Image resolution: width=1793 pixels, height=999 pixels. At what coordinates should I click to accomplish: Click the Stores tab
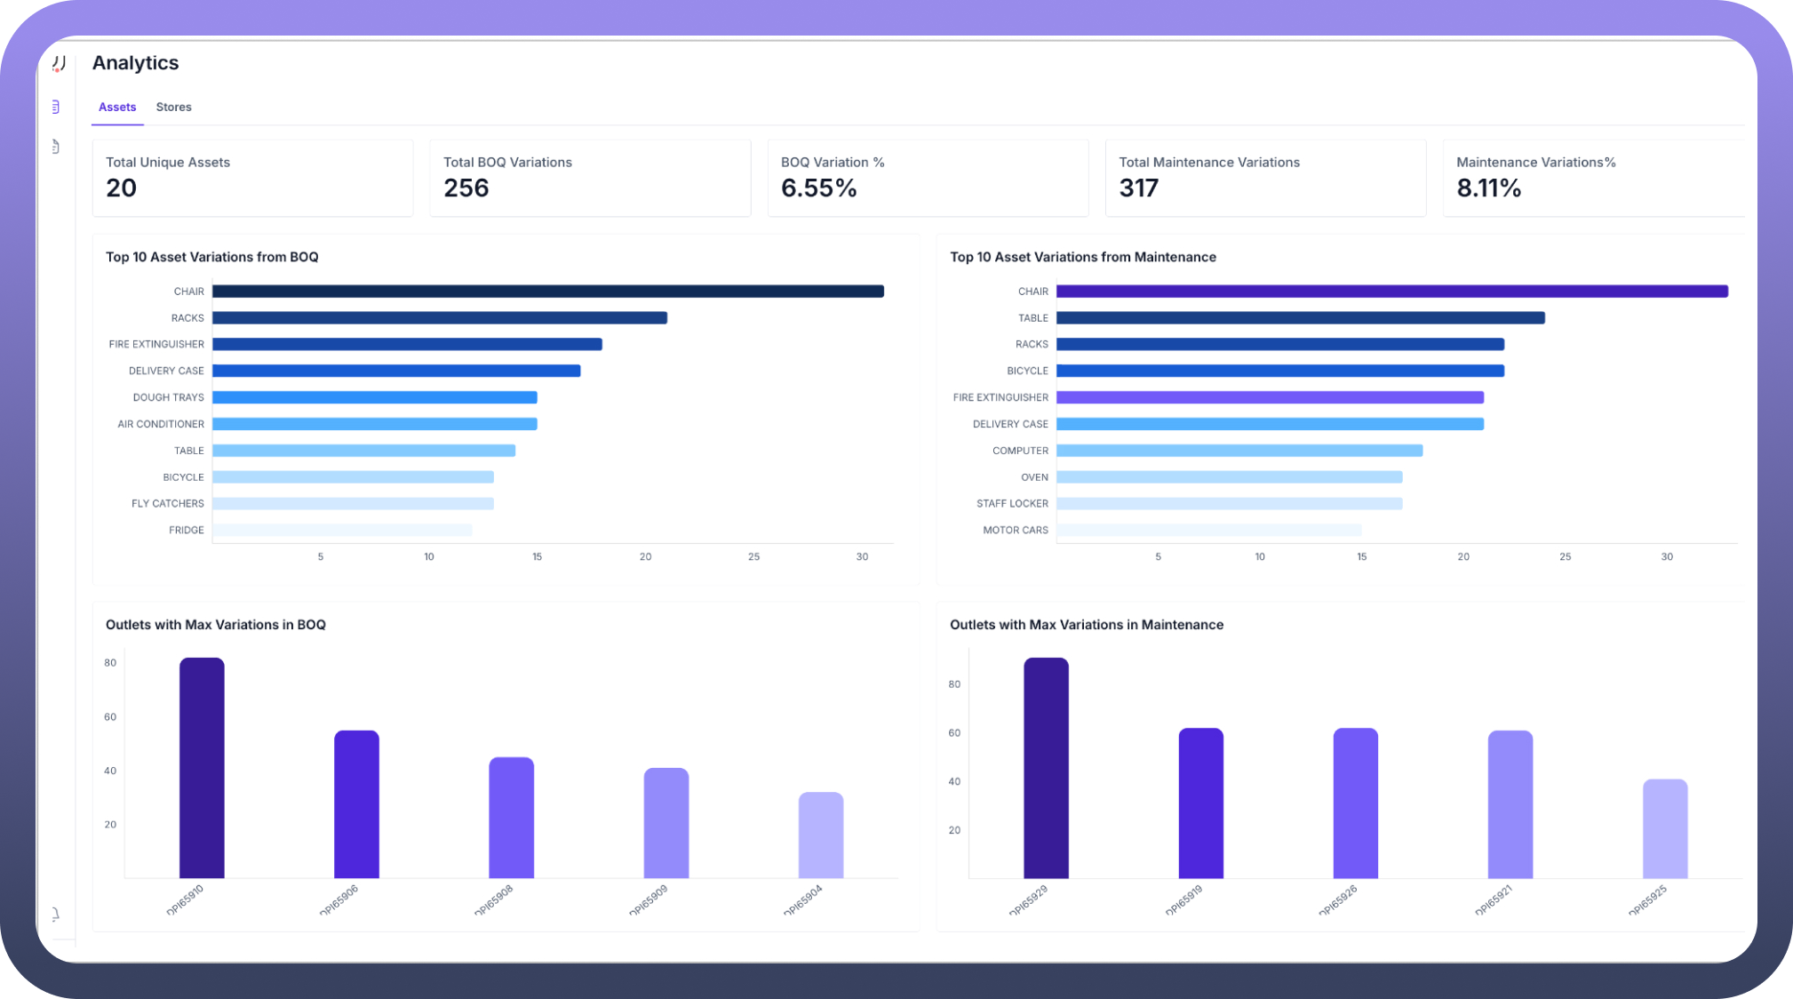(173, 107)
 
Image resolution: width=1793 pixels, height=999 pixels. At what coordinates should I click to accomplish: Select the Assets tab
(117, 107)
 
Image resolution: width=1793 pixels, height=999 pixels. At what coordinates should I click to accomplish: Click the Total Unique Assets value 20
(122, 188)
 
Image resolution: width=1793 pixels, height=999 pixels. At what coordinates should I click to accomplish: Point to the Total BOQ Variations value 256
(466, 188)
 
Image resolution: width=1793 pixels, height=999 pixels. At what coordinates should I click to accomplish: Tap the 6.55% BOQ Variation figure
(818, 188)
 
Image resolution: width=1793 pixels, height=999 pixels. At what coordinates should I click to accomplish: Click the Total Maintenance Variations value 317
(1138, 188)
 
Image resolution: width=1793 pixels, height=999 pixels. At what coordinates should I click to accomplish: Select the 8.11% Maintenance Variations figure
(1488, 188)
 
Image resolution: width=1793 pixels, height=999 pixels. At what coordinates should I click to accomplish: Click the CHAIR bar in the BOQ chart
(547, 292)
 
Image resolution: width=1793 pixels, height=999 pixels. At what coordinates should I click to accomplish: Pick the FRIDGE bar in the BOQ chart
(342, 531)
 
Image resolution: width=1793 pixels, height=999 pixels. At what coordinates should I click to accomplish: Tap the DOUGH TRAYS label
(168, 397)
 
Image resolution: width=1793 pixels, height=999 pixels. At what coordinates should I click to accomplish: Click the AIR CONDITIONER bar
(374, 424)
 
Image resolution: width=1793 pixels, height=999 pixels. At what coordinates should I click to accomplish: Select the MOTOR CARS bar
(1208, 531)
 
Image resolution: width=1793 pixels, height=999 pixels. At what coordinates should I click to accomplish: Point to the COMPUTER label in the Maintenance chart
(1020, 451)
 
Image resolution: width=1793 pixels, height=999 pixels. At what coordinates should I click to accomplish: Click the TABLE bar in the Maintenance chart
(1300, 318)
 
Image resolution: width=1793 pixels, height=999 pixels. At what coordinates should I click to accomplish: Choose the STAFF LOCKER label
(1012, 504)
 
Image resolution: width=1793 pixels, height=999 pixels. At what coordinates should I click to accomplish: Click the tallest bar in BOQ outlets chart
(202, 768)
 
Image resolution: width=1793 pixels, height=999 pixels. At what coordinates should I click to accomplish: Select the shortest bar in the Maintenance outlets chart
(1664, 828)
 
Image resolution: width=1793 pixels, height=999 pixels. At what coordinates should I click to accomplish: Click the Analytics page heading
(136, 63)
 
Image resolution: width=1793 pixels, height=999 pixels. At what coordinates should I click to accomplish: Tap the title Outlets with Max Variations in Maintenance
(1086, 625)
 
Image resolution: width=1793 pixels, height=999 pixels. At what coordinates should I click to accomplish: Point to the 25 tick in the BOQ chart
(753, 557)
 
